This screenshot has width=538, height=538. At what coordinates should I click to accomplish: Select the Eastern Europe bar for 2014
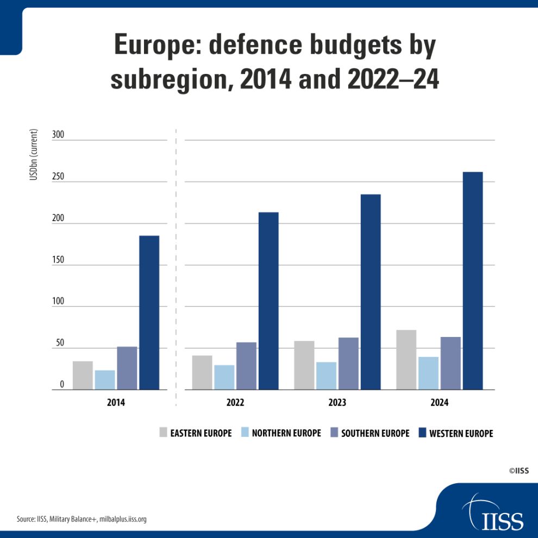click(83, 376)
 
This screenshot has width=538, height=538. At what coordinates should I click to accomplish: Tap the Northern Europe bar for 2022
click(224, 377)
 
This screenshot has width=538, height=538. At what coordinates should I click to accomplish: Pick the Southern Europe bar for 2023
click(348, 364)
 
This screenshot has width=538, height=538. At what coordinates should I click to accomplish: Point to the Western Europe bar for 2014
click(149, 312)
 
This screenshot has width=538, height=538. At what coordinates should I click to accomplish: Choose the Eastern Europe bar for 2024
click(406, 360)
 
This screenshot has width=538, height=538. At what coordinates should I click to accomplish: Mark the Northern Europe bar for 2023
click(326, 376)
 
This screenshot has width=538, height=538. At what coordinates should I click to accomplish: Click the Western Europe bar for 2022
click(268, 301)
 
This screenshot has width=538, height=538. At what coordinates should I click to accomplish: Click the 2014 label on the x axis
click(116, 403)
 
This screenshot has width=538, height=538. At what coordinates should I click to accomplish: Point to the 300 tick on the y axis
click(58, 135)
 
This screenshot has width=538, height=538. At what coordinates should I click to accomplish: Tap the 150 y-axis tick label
click(58, 260)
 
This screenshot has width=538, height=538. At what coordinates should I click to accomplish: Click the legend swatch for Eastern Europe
click(163, 433)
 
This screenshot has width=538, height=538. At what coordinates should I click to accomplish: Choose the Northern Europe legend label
click(286, 433)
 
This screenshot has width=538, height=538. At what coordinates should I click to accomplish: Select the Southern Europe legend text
click(375, 433)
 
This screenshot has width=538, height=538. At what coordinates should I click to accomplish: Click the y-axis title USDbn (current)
click(34, 155)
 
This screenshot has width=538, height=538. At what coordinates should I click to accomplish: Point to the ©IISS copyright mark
click(519, 471)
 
